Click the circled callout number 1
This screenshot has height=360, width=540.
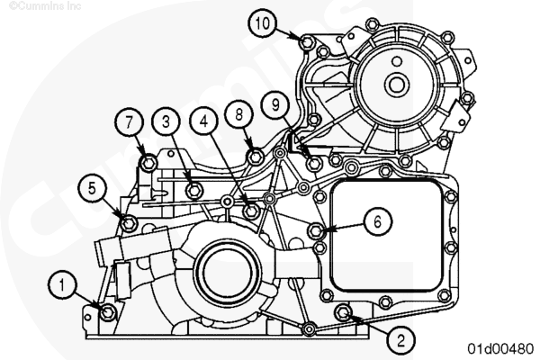click(x=62, y=285)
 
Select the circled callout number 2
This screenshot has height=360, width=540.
click(x=400, y=340)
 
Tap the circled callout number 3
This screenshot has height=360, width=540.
click(x=166, y=121)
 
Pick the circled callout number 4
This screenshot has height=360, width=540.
click(x=204, y=121)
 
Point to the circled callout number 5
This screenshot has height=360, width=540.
click(x=92, y=188)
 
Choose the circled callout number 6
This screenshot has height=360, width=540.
click(x=378, y=222)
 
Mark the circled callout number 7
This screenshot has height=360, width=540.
click(x=129, y=122)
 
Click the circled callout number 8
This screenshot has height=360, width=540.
click(x=239, y=114)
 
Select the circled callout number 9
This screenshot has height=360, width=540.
click(x=275, y=104)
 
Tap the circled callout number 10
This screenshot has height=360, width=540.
click(x=263, y=23)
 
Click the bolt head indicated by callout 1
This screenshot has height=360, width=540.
click(x=108, y=312)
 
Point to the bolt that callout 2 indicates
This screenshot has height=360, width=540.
click(x=343, y=312)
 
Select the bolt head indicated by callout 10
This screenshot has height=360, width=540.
click(x=306, y=43)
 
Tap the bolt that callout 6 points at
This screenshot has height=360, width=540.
click(x=316, y=230)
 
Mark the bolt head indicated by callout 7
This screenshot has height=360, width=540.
click(x=148, y=163)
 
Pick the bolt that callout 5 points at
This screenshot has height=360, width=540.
click(x=129, y=223)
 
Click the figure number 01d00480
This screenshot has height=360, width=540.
click(x=500, y=348)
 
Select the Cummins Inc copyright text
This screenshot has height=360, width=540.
click(x=45, y=6)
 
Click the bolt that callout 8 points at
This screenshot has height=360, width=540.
click(x=256, y=157)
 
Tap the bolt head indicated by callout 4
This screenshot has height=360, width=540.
click(x=251, y=211)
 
